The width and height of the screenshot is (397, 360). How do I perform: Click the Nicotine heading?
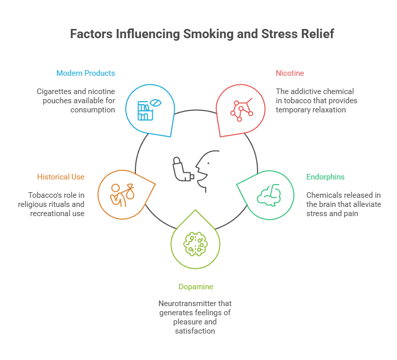(x=290, y=73)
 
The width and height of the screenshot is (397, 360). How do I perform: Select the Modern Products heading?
(x=86, y=73)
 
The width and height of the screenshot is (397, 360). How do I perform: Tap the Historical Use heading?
(x=61, y=177)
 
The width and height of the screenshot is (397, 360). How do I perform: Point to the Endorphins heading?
(x=325, y=177)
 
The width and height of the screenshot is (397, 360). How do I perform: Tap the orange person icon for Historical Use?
(x=122, y=193)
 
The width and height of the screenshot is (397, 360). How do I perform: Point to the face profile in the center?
(x=206, y=171)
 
